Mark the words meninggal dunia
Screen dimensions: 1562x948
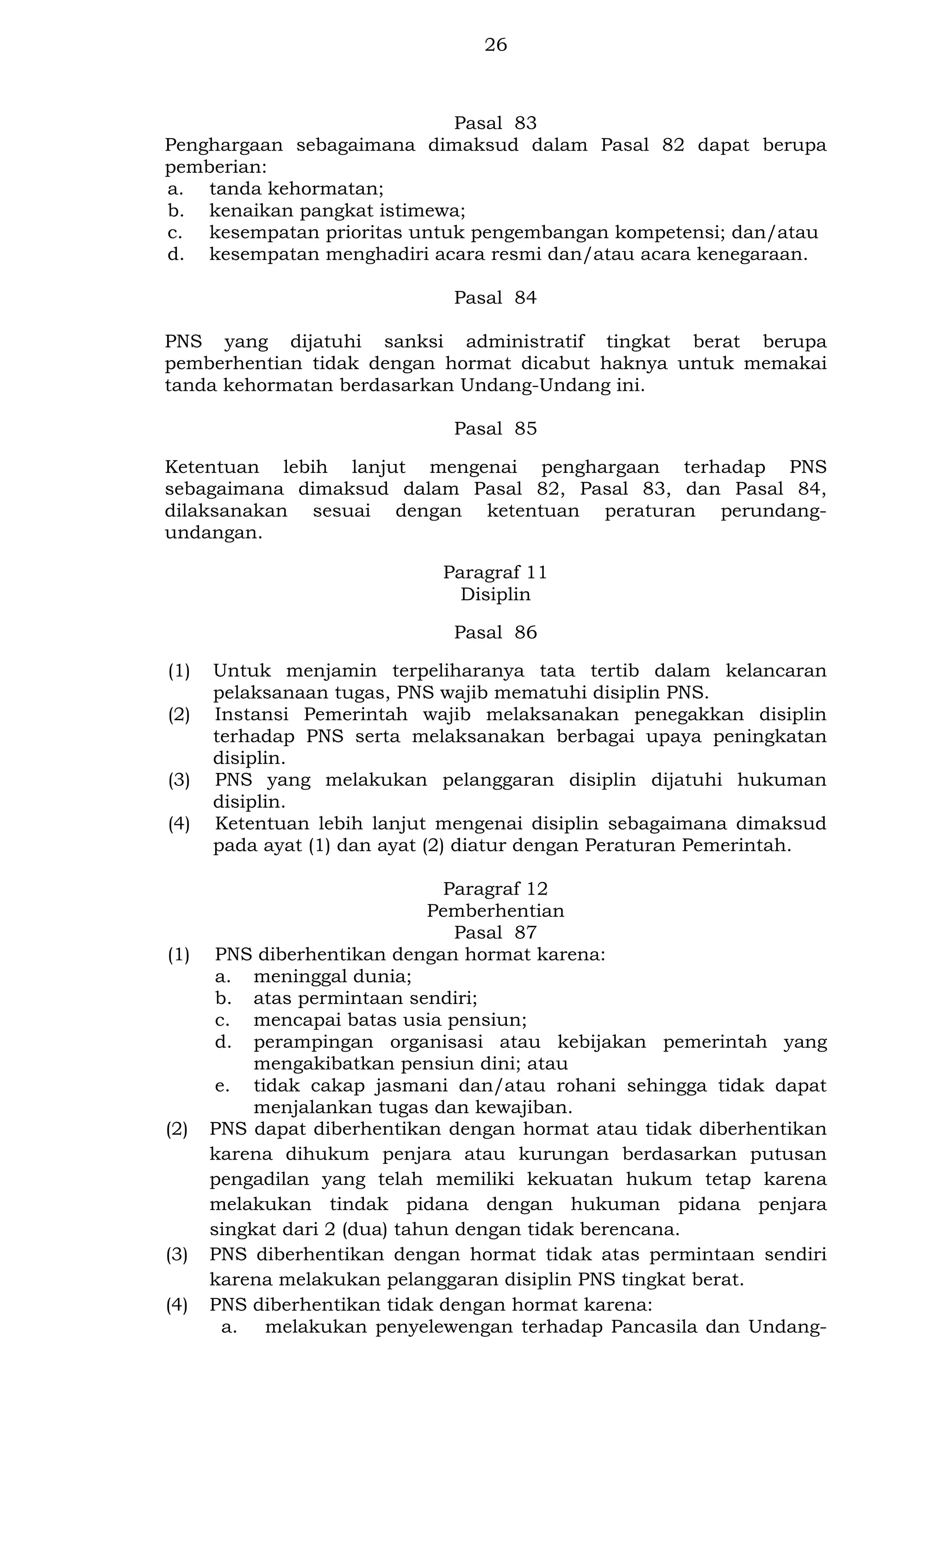332,976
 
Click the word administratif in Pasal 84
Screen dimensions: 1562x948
525,342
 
